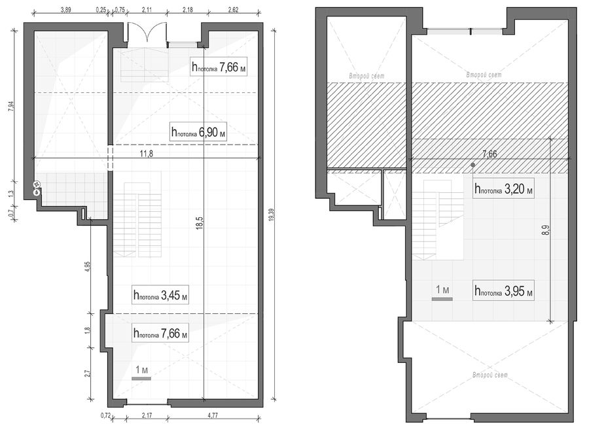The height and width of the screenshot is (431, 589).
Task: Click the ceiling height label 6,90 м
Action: click(x=198, y=131)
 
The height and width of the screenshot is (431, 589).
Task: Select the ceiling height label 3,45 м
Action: click(x=160, y=295)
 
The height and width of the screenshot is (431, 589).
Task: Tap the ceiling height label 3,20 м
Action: click(x=503, y=189)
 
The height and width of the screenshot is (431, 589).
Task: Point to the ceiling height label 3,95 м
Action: click(x=503, y=291)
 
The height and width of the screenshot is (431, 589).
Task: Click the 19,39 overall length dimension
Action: click(x=271, y=222)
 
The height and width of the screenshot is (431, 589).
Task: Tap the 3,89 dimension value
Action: click(x=65, y=10)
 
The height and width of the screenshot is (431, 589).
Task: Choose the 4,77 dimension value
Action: click(x=213, y=415)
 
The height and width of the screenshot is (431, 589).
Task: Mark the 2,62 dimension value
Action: click(x=233, y=10)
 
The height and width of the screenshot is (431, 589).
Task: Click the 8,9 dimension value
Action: click(x=546, y=230)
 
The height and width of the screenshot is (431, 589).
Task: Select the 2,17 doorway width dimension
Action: click(x=147, y=415)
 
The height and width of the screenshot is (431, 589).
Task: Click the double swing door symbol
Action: click(x=147, y=35)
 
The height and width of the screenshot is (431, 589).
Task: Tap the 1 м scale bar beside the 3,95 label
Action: click(x=442, y=300)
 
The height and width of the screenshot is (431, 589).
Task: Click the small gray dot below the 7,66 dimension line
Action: click(x=473, y=165)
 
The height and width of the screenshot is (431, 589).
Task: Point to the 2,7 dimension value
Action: click(x=88, y=373)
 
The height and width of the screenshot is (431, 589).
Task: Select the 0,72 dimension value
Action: click(x=105, y=415)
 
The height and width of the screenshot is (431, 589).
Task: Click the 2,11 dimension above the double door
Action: click(x=147, y=10)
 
